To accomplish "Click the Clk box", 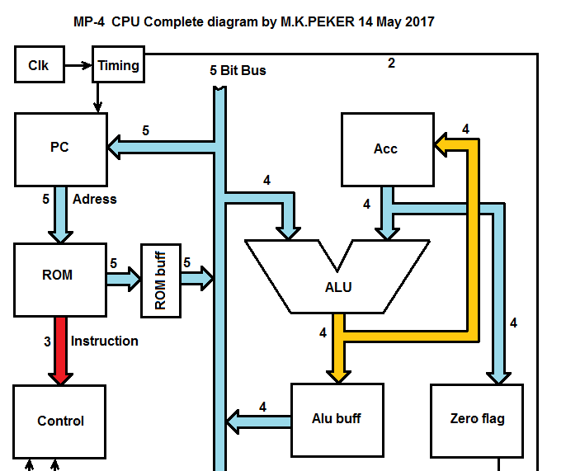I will click(39, 66).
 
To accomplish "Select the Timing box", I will click(119, 66).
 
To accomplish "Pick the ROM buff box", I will click(160, 280).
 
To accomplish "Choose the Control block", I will click(60, 421).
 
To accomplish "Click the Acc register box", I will click(387, 148).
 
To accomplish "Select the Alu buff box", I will click(337, 418).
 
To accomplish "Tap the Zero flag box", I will click(477, 418).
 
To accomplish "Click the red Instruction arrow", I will click(59, 350).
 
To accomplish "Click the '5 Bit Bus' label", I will click(238, 71).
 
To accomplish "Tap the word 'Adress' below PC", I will click(95, 200).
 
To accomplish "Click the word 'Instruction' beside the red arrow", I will click(105, 341).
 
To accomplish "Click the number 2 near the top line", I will click(391, 63).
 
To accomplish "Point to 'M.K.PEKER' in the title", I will click(316, 21).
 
